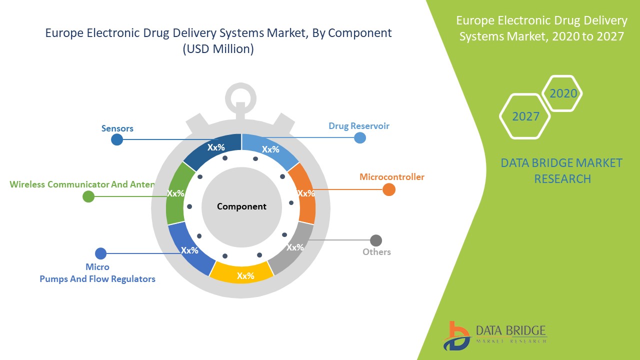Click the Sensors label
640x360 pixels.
pos(117,128)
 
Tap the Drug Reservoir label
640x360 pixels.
pos(358,125)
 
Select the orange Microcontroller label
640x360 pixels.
pos(392,177)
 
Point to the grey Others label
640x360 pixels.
pos(376,251)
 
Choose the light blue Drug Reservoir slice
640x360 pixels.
pos(270,148)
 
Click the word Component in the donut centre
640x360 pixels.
pos(241,206)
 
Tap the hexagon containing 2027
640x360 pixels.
pos(525,116)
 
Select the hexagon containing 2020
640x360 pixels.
pos(563,93)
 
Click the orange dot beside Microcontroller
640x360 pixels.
pos(389,189)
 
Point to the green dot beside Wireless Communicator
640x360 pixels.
pos(88,196)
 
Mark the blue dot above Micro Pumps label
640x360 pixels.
pos(100,253)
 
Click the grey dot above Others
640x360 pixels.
pos(376,240)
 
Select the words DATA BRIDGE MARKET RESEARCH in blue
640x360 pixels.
pos(561,170)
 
